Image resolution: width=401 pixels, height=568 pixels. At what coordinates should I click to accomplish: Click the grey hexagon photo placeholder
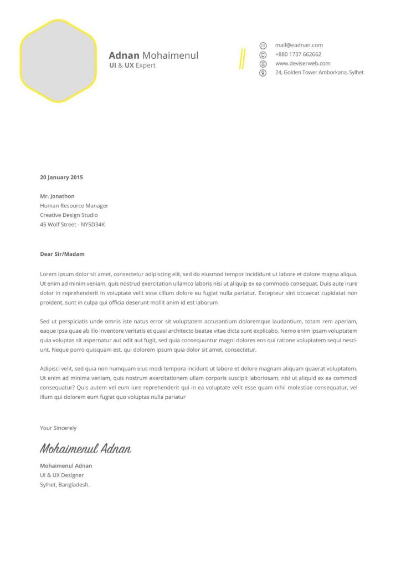pyautogui.click(x=58, y=61)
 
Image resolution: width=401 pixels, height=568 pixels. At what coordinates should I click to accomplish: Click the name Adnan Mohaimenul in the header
pyautogui.click(x=153, y=55)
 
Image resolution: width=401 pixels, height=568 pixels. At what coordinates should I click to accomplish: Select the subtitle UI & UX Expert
pyautogui.click(x=132, y=65)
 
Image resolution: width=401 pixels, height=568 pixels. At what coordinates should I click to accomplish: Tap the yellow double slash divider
pyautogui.click(x=242, y=59)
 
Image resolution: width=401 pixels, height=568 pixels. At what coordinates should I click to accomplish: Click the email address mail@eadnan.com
pyautogui.click(x=299, y=45)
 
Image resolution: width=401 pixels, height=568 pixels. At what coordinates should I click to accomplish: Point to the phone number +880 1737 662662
pyautogui.click(x=298, y=54)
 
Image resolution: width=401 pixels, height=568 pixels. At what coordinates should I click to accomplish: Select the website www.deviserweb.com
pyautogui.click(x=302, y=63)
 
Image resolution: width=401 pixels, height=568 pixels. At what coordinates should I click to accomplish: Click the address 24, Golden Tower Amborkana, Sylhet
pyautogui.click(x=320, y=72)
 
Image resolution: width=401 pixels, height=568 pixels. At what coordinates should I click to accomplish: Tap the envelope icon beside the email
pyautogui.click(x=263, y=45)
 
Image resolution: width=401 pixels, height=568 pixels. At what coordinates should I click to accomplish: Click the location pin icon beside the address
pyautogui.click(x=263, y=73)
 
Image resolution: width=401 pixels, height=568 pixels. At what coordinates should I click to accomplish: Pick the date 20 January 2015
pyautogui.click(x=61, y=177)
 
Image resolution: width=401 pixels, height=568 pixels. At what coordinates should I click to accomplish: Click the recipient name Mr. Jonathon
pyautogui.click(x=57, y=196)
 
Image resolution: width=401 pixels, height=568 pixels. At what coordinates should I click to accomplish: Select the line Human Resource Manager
pyautogui.click(x=74, y=206)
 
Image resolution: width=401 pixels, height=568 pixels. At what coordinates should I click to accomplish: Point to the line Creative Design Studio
pyautogui.click(x=69, y=215)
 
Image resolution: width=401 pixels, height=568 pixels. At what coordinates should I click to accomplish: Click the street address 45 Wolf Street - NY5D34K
pyautogui.click(x=72, y=225)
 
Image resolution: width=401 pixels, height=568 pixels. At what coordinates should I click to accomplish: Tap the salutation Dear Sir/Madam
pyautogui.click(x=62, y=254)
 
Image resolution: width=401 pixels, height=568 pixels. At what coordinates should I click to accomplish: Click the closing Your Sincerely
pyautogui.click(x=58, y=428)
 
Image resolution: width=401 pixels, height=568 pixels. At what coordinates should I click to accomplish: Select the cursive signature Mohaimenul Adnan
pyautogui.click(x=85, y=448)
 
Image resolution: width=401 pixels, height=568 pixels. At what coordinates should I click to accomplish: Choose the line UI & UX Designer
pyautogui.click(x=62, y=475)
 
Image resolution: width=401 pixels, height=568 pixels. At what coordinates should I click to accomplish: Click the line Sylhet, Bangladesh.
pyautogui.click(x=65, y=484)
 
